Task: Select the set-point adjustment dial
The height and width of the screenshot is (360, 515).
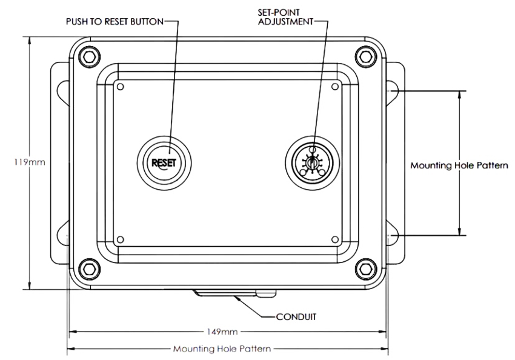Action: [311, 162]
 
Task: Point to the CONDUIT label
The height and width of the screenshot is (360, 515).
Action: [297, 316]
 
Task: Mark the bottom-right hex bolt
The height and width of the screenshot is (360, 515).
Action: [364, 267]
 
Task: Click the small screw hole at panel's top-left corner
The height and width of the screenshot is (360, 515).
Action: [120, 87]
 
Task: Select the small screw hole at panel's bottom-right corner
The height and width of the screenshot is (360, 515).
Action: [334, 239]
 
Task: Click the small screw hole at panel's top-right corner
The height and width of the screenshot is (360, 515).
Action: [334, 87]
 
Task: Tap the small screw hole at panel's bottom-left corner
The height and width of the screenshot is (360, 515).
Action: [120, 239]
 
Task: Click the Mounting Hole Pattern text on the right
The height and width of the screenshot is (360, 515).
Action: [459, 165]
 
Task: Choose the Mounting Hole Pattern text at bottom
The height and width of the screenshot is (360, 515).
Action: [222, 349]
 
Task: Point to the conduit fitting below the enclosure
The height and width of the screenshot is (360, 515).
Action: [233, 294]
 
